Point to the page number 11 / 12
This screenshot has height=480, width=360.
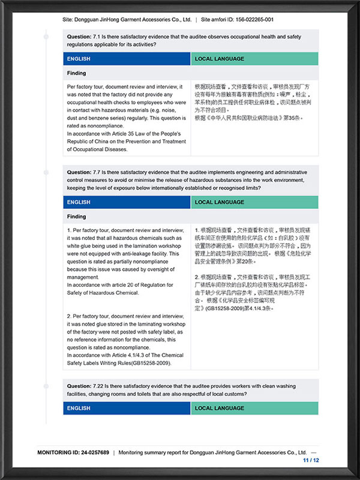311,460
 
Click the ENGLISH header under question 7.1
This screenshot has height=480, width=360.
79,59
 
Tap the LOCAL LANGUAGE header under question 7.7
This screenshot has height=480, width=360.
220,202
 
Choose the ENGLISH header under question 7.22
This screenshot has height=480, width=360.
79,409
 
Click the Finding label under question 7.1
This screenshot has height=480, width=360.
77,73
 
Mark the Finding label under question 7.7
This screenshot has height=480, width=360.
77,217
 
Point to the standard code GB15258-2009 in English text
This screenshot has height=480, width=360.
146,364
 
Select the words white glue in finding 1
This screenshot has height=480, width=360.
83,246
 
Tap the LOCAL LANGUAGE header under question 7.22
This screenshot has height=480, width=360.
220,409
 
